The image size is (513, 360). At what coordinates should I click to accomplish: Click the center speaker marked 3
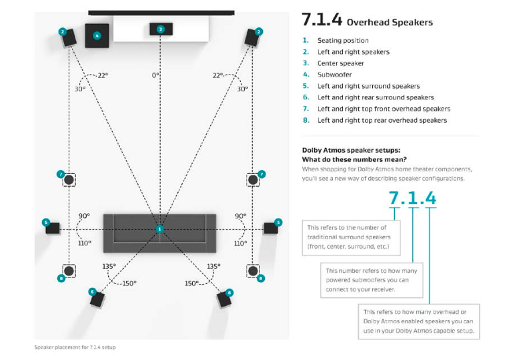160,29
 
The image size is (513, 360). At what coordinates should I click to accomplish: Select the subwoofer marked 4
97,35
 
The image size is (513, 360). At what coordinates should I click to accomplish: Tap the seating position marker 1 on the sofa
159,229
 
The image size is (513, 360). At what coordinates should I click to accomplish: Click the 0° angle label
155,75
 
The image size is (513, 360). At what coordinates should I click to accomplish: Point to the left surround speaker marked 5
53,228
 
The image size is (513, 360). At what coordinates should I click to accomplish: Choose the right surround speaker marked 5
270,228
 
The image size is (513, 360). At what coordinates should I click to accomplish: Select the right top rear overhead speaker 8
253,271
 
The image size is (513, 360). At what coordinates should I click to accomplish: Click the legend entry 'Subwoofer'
334,75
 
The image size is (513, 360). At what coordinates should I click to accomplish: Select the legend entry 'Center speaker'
340,63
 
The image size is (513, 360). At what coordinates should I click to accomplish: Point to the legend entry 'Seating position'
343,41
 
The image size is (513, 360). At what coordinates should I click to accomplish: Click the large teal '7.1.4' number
412,197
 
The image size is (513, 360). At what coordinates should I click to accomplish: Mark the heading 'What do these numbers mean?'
354,159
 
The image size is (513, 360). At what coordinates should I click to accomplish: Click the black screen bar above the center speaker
161,12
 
